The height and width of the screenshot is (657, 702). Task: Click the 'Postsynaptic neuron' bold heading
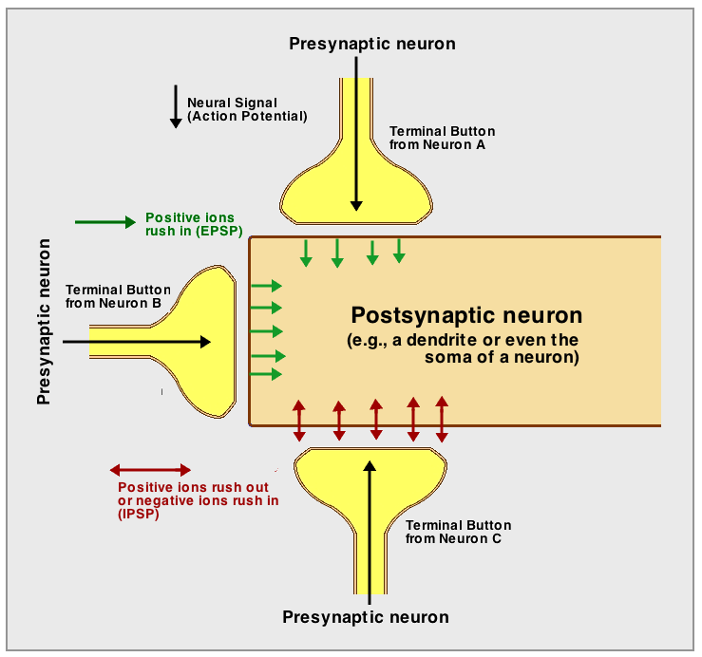pos(466,315)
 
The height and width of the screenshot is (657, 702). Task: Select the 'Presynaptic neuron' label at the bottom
pos(366,617)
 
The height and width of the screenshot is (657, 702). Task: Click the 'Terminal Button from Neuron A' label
pos(442,138)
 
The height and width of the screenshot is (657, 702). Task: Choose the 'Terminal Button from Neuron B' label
pos(118,296)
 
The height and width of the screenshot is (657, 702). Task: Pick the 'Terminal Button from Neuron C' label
pos(458,532)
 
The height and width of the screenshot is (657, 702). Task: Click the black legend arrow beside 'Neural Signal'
pos(176,106)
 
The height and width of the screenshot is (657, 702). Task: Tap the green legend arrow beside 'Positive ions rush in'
pos(105,222)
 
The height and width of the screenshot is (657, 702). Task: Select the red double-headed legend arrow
pos(150,470)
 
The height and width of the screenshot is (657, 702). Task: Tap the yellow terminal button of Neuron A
pos(356,195)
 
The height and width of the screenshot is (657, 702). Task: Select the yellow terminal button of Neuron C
pos(370,475)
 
